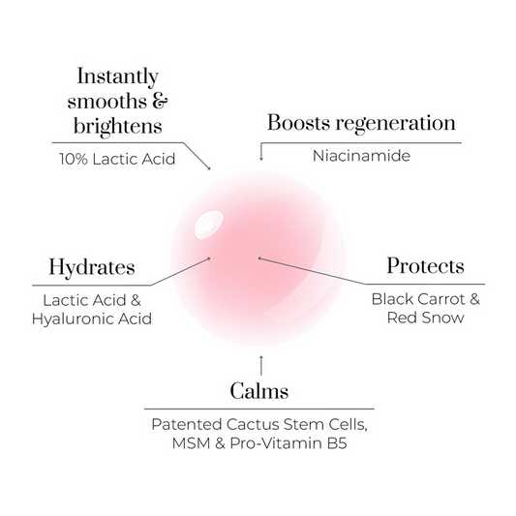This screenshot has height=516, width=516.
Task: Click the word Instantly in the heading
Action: pyautogui.click(x=117, y=77)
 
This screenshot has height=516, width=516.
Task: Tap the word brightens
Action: pyautogui.click(x=117, y=127)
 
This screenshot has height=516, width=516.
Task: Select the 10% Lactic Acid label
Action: pyautogui.click(x=117, y=159)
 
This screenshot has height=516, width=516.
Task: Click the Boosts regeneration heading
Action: pyautogui.click(x=361, y=124)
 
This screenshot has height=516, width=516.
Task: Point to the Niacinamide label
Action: pyautogui.click(x=361, y=156)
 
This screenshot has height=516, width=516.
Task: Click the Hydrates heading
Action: pyautogui.click(x=92, y=267)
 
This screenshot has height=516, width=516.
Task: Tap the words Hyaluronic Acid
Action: pyautogui.click(x=92, y=319)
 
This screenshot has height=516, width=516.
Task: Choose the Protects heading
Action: pyautogui.click(x=426, y=265)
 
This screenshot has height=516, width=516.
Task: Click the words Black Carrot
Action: pyautogui.click(x=418, y=299)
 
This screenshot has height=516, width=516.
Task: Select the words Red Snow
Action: pyautogui.click(x=426, y=318)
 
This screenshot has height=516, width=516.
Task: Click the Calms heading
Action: pyautogui.click(x=259, y=391)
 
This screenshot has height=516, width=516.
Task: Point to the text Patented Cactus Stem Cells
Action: pyautogui.click(x=258, y=425)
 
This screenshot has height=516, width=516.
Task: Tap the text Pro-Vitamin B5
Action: pyautogui.click(x=288, y=443)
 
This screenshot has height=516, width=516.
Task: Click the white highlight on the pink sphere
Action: pyautogui.click(x=209, y=225)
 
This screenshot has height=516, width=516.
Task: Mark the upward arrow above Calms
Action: pyautogui.click(x=261, y=365)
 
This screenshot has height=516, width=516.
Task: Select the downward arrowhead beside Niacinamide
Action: pyautogui.click(x=261, y=159)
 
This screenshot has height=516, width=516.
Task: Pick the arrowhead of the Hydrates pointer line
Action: pyautogui.click(x=208, y=259)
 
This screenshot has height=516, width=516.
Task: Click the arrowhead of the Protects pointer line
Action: pyautogui.click(x=260, y=258)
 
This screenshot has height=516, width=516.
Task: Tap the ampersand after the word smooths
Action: pyautogui.click(x=160, y=101)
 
